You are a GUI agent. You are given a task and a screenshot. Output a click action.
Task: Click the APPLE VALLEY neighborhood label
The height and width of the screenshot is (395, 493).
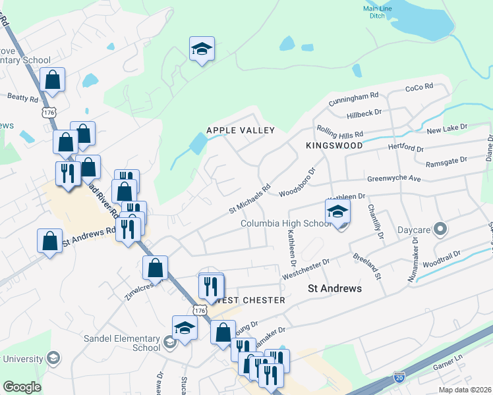(240, 130)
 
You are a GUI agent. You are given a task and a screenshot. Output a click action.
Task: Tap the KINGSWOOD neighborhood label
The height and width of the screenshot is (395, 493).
(334, 144)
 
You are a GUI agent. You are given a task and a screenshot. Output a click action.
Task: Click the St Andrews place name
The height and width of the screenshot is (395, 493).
(335, 288)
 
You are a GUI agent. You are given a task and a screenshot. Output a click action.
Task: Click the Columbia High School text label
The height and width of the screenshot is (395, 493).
(285, 223)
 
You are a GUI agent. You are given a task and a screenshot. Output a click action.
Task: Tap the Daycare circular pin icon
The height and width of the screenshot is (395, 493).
(440, 230)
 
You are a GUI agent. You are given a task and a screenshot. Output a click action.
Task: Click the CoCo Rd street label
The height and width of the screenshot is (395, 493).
(419, 87)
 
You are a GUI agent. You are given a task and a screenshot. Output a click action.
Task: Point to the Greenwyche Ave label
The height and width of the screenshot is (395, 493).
(393, 178)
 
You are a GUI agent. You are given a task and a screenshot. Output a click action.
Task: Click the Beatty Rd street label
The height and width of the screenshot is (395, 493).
(23, 97)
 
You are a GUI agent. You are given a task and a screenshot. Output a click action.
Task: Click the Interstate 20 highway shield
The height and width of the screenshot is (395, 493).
(399, 377)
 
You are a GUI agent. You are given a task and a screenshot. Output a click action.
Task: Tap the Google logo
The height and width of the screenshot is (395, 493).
(22, 387)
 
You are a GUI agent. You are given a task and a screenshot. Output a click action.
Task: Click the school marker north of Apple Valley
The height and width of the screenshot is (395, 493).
(202, 49)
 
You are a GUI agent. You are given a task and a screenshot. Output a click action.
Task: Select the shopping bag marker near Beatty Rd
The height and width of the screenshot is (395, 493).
(52, 80)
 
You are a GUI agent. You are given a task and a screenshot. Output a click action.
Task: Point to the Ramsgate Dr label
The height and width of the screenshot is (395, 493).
(446, 161)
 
